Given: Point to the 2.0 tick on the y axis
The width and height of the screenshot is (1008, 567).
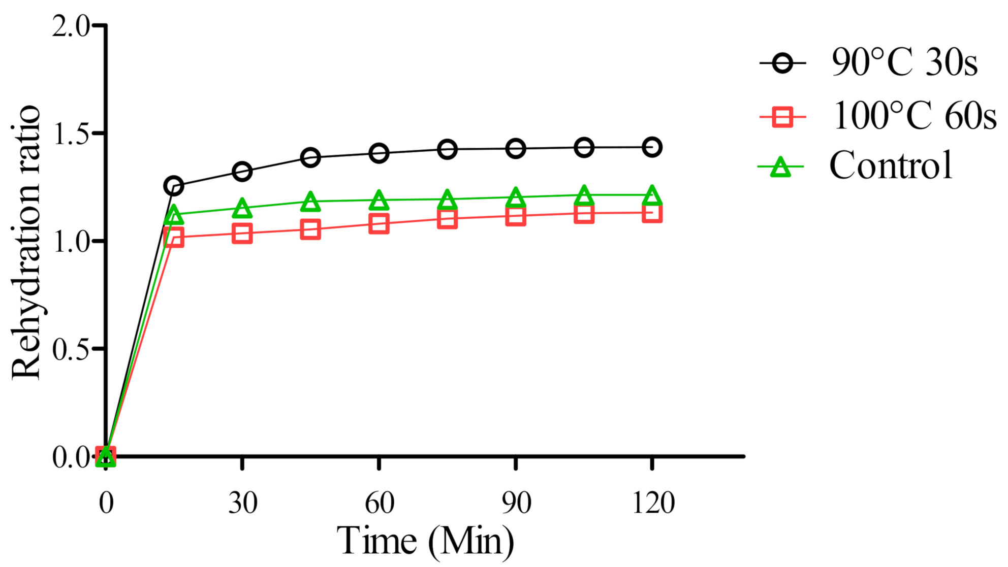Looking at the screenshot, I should pos(71,26).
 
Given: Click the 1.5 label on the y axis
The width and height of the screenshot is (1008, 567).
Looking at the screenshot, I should pos(71,134).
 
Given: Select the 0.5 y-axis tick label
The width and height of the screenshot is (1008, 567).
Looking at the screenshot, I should pos(71,350).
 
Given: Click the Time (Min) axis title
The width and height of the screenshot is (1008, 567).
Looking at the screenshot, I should pos(425,542).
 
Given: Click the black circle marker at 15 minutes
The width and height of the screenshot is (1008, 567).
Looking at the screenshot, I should pos(174,186).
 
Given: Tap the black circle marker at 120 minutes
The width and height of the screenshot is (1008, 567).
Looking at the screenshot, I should pos(652,147).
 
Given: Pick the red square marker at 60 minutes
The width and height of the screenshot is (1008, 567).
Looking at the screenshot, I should pos(379,224).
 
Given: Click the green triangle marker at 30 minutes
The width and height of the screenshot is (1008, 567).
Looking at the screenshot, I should pos(242,208).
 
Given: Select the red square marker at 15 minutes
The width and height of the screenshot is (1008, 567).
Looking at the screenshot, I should pos(174,237).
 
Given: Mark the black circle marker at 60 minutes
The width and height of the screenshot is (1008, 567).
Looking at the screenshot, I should pos(379,153).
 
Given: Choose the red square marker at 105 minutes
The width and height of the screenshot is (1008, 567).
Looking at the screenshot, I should pos(584,214).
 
